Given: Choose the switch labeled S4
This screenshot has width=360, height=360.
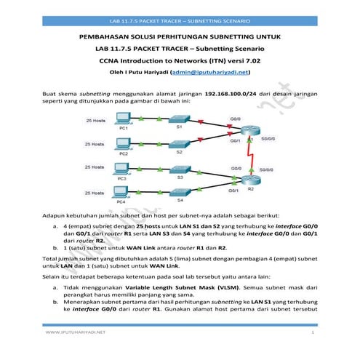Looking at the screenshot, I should (180, 193).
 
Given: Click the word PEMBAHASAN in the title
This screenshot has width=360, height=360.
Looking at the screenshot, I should (106, 36).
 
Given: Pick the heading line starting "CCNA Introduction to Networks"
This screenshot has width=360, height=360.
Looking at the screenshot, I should (179, 61).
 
